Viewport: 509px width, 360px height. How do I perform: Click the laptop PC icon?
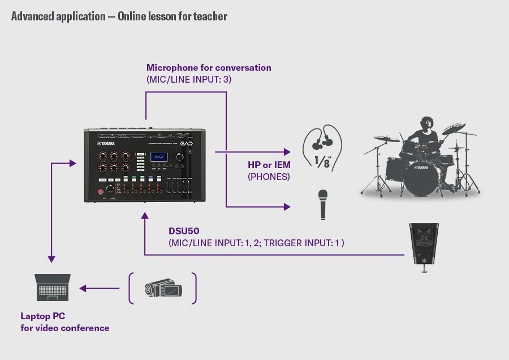pos(53,288)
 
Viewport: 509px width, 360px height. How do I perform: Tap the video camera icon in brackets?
pos(163,289)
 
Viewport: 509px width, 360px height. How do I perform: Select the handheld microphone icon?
pos(323,204)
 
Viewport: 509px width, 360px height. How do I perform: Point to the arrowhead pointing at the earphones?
pos(286,152)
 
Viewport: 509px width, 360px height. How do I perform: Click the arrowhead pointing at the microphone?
pos(286,207)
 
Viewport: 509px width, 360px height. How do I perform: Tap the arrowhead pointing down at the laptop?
pos(51,259)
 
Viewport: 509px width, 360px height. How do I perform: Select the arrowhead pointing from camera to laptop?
pos(83,289)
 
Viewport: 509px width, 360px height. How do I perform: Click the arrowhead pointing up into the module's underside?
pos(145,216)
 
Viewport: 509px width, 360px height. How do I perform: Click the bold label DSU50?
pos(182,232)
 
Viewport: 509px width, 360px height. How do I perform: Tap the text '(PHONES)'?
pos(269,177)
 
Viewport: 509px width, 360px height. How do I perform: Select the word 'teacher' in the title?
pos(210,16)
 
